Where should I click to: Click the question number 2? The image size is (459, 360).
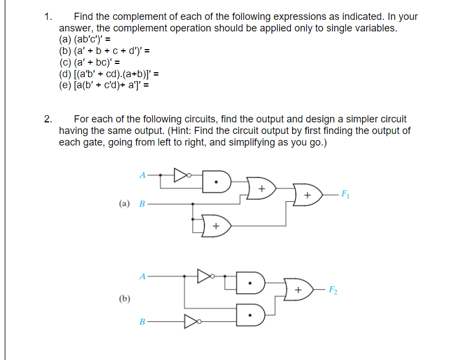48,119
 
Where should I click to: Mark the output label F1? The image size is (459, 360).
345,194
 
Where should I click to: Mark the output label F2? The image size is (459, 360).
333,289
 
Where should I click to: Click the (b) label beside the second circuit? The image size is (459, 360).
125,298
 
